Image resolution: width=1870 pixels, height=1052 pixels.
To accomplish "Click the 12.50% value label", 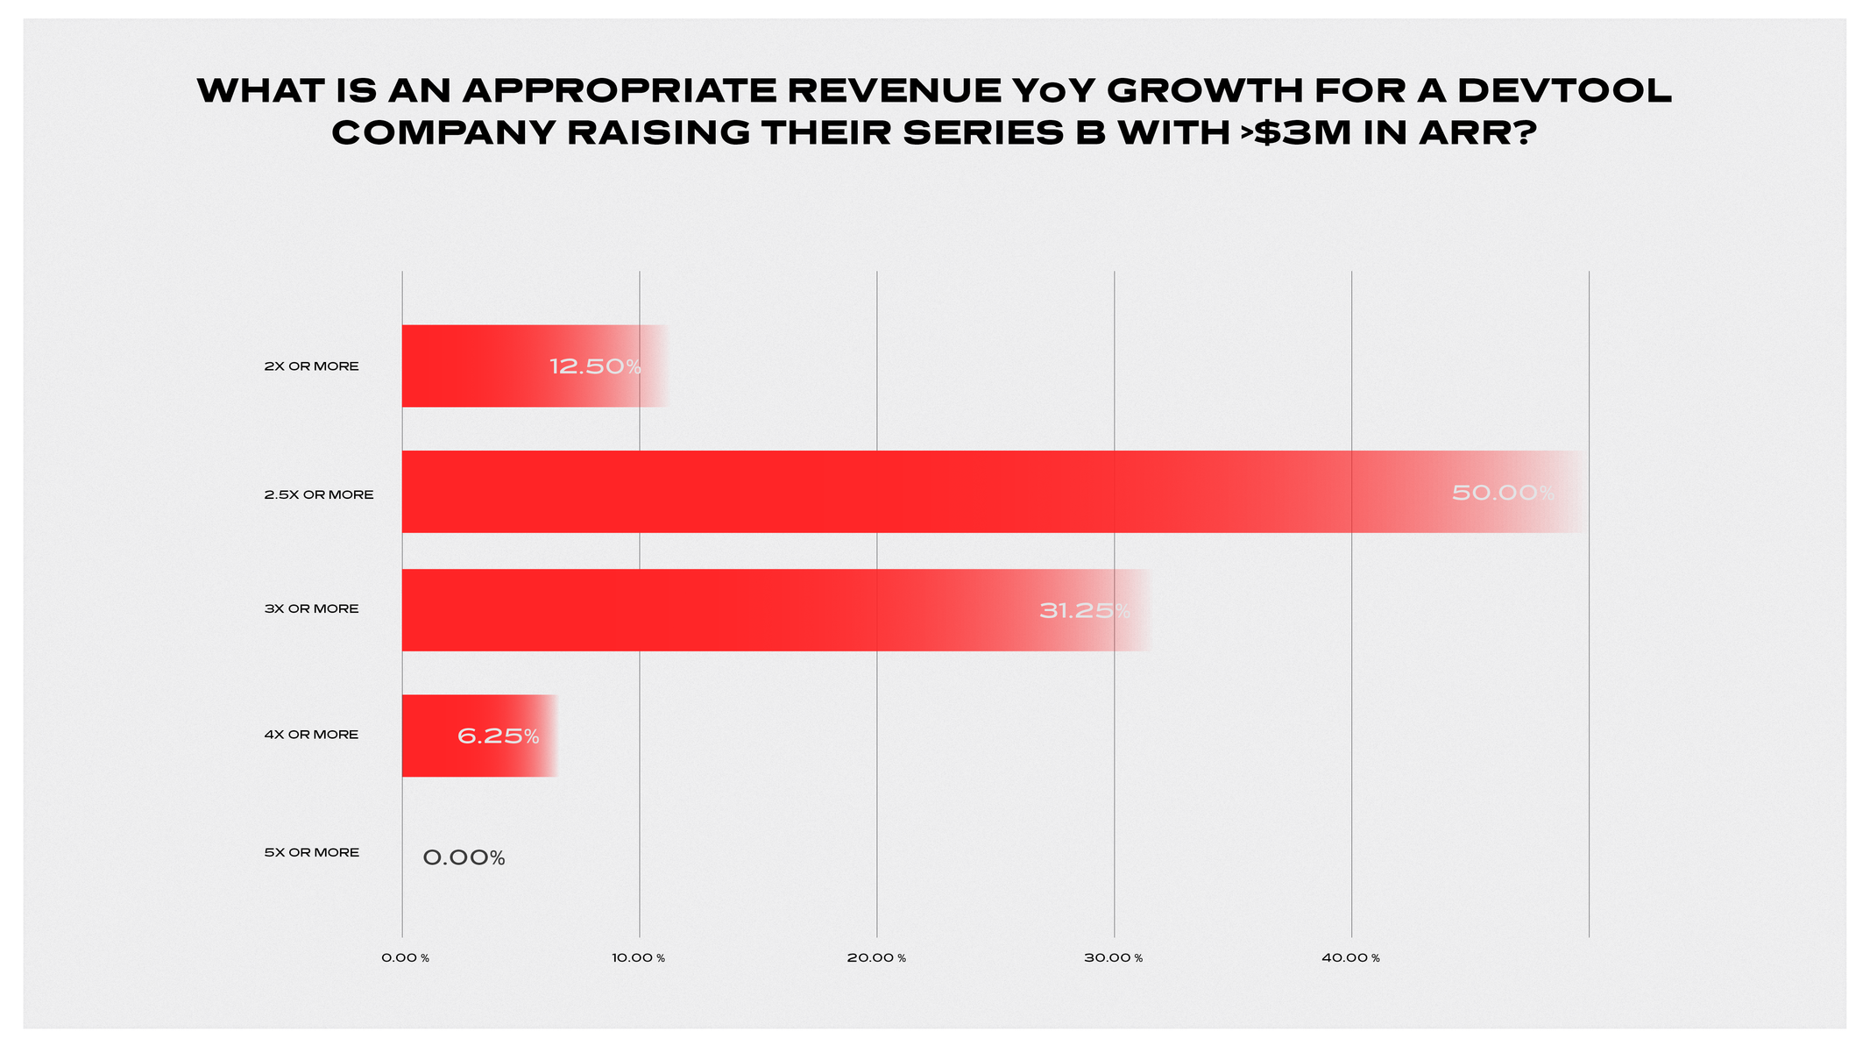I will point(595,366).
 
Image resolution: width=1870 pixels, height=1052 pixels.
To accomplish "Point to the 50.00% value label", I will point(1503,493).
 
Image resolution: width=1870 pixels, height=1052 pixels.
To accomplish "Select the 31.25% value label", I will point(1084,611).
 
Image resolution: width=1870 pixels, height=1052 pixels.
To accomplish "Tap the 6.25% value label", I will point(498,736).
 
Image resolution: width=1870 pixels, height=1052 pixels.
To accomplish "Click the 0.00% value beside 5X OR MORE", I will point(464,858).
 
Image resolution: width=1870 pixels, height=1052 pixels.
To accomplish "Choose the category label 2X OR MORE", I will point(311,366).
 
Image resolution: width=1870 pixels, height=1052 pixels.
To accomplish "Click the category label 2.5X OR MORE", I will point(319,494).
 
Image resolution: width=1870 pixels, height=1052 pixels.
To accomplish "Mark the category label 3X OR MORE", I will point(311,608).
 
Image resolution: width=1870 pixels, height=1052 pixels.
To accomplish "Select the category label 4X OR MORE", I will point(311,735).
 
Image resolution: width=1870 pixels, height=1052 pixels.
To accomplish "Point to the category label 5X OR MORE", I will point(311,852).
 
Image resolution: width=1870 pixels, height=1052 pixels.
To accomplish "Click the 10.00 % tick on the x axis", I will point(639,958).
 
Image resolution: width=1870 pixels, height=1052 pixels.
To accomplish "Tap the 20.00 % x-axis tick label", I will point(876,958).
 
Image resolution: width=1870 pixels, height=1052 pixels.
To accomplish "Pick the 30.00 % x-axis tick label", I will point(1113,958).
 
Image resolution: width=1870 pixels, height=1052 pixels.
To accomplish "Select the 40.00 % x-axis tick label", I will point(1350,958).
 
